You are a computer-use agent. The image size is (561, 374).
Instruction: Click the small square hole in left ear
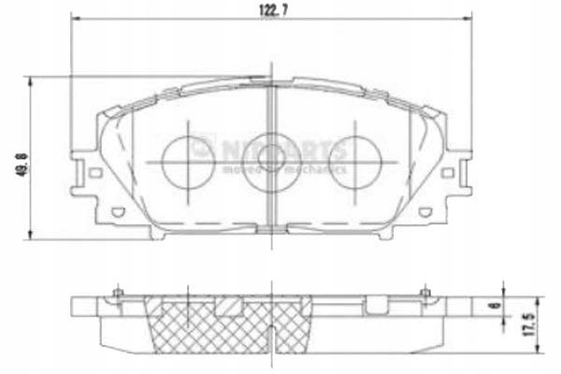[x=93, y=172]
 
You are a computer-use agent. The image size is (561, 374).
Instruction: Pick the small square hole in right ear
[x=448, y=172]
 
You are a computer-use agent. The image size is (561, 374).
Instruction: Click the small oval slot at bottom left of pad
[x=117, y=211]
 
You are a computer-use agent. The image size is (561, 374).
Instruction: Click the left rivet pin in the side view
[x=119, y=294]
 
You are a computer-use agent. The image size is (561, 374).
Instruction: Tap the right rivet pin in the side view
[x=425, y=294]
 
